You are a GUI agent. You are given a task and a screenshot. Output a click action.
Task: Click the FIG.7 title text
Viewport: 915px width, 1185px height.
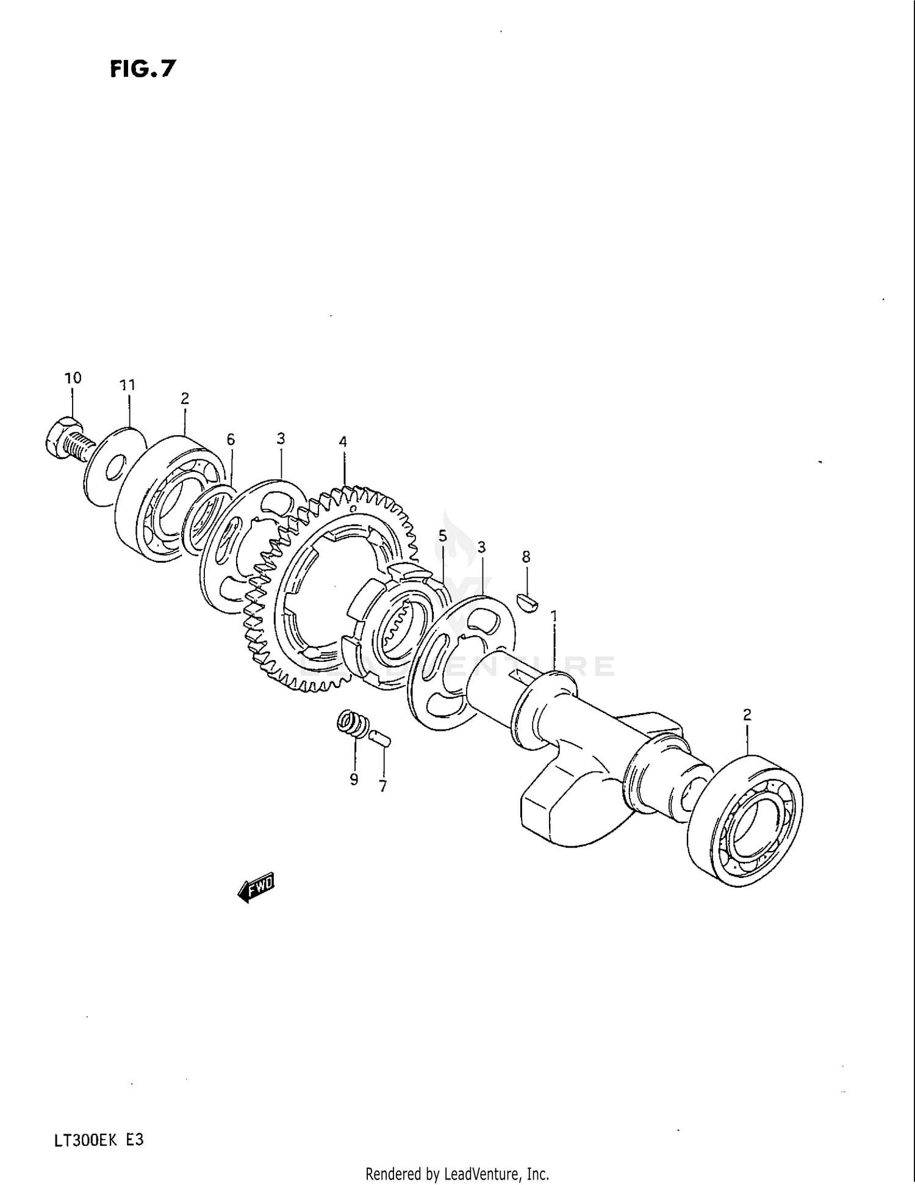click(x=142, y=69)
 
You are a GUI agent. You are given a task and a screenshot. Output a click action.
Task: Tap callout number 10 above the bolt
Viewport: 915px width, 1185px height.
click(x=73, y=378)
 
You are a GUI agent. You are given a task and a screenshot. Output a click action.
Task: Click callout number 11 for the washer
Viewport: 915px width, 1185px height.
click(x=127, y=385)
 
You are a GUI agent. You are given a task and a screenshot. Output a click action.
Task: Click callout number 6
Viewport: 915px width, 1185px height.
click(x=230, y=440)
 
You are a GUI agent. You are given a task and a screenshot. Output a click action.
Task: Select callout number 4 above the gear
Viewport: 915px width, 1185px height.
click(x=343, y=441)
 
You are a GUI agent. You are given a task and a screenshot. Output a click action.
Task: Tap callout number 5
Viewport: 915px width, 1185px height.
click(x=442, y=536)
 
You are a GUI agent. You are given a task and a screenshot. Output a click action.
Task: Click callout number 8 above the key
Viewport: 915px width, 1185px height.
click(x=526, y=556)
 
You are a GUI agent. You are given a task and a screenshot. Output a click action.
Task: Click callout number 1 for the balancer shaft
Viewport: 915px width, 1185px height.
click(x=554, y=617)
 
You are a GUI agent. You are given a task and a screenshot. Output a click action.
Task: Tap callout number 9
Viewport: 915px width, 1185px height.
click(x=354, y=780)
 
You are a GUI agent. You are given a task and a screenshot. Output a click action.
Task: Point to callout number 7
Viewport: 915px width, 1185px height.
click(x=382, y=787)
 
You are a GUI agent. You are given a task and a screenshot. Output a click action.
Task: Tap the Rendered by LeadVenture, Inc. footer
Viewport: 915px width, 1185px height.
click(x=457, y=1173)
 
